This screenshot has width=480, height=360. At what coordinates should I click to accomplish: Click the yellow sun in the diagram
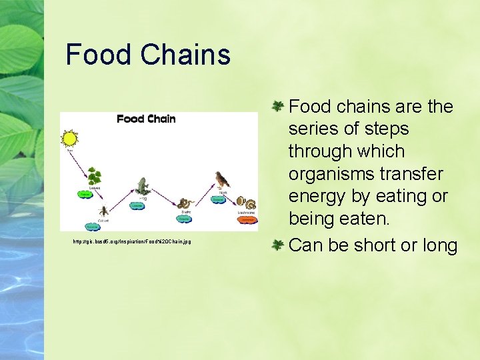pyautogui.click(x=69, y=139)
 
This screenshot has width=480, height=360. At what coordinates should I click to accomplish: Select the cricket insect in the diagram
pyautogui.click(x=104, y=212)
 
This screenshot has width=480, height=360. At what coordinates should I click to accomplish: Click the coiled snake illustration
pyautogui.click(x=186, y=205)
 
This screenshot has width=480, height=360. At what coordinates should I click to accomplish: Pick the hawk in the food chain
pyautogui.click(x=221, y=180)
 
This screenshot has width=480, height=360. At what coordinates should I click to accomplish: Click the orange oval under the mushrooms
pyautogui.click(x=246, y=219)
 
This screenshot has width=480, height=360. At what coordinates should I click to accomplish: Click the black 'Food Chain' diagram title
pyautogui.click(x=146, y=119)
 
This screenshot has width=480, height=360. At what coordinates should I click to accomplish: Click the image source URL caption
pyautogui.click(x=132, y=241)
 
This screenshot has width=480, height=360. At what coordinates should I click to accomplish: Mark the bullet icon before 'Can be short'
pyautogui.click(x=278, y=245)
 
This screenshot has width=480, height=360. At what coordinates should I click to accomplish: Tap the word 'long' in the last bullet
pyautogui.click(x=440, y=245)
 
